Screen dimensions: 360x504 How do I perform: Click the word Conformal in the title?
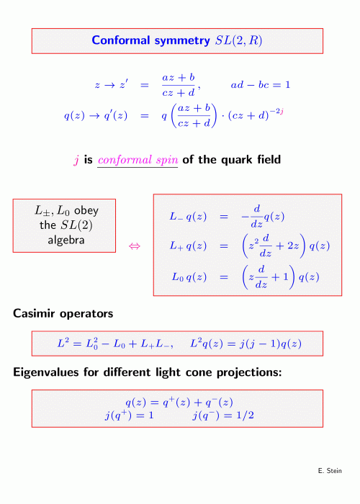pyautogui.click(x=120, y=40)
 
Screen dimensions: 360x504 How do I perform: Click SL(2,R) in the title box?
pyautogui.click(x=239, y=40)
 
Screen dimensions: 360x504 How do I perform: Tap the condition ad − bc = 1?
pyautogui.click(x=261, y=84)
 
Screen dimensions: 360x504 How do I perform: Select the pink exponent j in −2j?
pyautogui.click(x=282, y=112)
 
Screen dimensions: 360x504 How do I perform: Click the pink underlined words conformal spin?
pyautogui.click(x=138, y=160)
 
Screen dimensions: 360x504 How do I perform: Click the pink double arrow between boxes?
pyautogui.click(x=135, y=246)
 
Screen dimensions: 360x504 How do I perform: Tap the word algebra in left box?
pyautogui.click(x=66, y=240)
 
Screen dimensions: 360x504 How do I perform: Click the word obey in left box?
pyautogui.click(x=86, y=211)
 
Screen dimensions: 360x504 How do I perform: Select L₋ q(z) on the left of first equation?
pyautogui.click(x=188, y=217)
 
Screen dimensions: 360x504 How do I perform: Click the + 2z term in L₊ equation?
pyautogui.click(x=287, y=246)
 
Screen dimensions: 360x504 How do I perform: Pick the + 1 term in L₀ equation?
pyautogui.click(x=280, y=276)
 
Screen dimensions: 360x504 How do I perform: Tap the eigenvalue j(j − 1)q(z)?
pyautogui.click(x=270, y=344)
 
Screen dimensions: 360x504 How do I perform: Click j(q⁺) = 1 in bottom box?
pyautogui.click(x=129, y=415)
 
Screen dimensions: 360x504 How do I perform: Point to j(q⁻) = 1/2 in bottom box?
pyautogui.click(x=223, y=415)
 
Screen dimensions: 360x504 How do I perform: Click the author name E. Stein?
pyautogui.click(x=330, y=471)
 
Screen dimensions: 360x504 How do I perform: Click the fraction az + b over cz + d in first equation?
pyautogui.click(x=179, y=85)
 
